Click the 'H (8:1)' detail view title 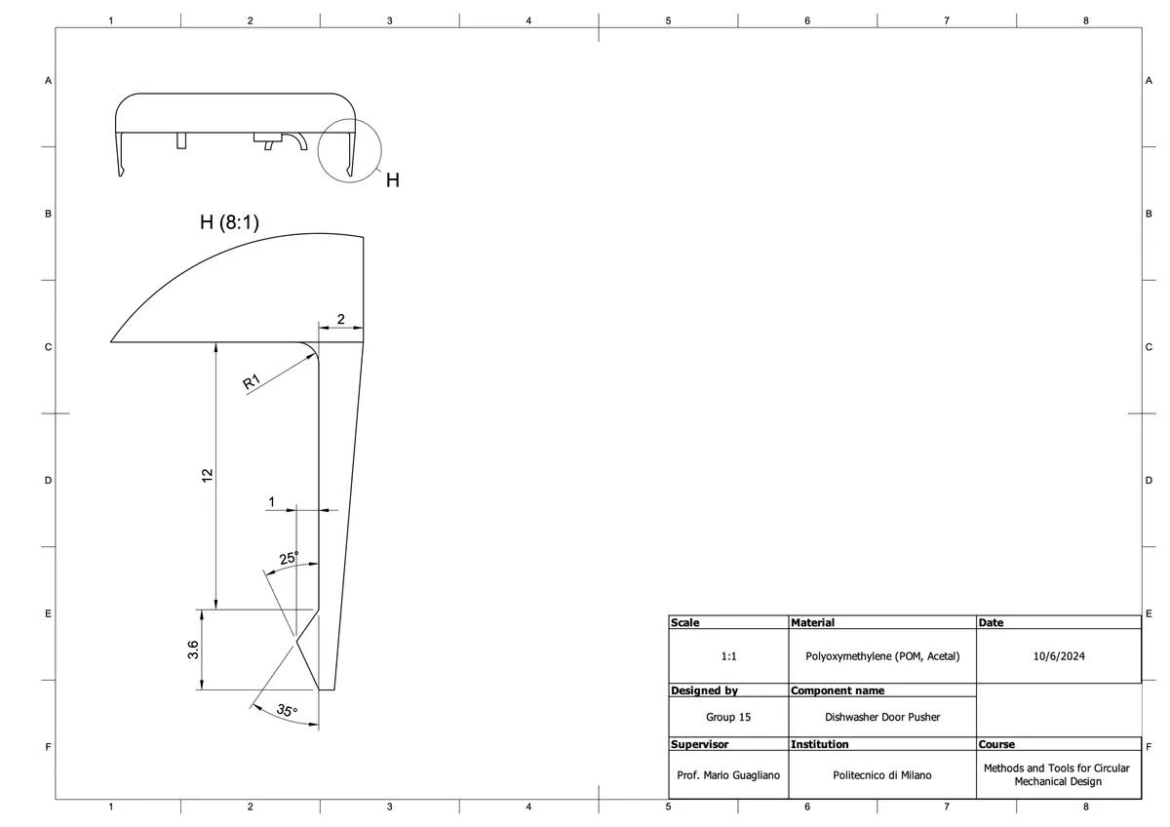pos(229,222)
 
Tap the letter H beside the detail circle pos(393,180)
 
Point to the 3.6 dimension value pos(193,650)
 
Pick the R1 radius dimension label pos(252,382)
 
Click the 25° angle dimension pos(290,559)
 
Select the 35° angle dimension pos(287,711)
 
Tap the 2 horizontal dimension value pos(340,319)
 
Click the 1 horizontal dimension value pos(272,501)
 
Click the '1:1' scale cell pos(728,657)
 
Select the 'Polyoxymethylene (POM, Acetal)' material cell pos(882,657)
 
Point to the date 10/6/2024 pos(1058,657)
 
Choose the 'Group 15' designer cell pos(728,717)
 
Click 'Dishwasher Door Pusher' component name pos(882,717)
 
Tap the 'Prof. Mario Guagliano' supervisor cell pos(728,775)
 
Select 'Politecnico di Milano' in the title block pos(882,775)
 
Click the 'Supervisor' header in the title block pos(699,744)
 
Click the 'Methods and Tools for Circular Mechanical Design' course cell pos(1058,775)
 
